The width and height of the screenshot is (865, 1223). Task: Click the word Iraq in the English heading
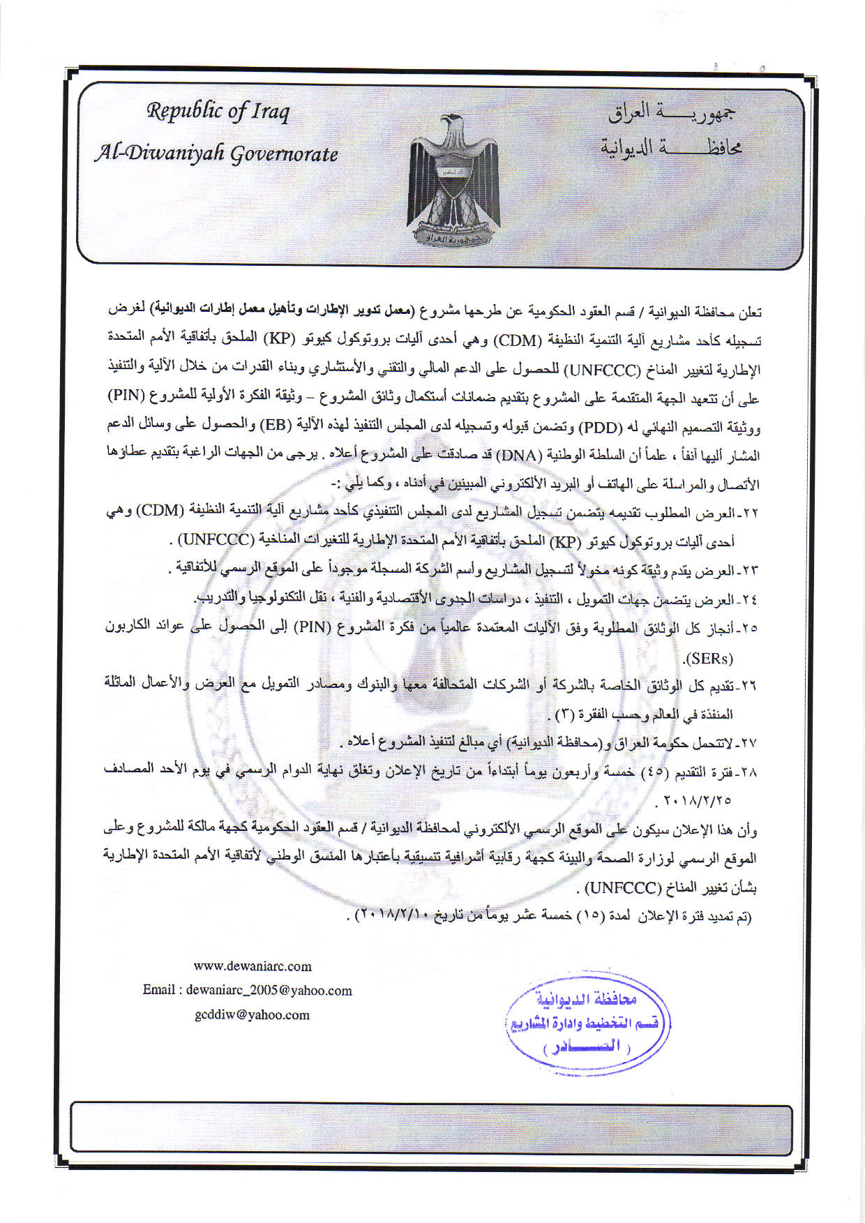click(x=271, y=112)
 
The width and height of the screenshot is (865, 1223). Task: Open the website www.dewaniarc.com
click(x=253, y=966)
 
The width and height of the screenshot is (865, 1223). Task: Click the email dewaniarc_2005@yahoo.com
click(x=269, y=991)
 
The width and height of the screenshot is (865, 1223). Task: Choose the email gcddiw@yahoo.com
click(x=253, y=1015)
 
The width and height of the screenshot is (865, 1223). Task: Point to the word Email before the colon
click(x=159, y=991)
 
